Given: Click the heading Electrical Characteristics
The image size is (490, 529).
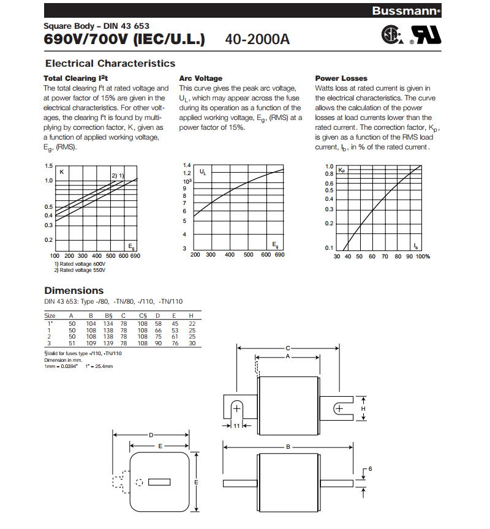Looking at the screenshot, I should pyautogui.click(x=110, y=64).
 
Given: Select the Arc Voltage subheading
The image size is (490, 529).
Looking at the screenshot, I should pyautogui.click(x=201, y=78).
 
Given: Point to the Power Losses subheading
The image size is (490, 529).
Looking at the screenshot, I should pyautogui.click(x=341, y=78).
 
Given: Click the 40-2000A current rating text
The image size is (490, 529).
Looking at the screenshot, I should pyautogui.click(x=257, y=39).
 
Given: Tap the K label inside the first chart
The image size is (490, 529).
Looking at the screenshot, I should pyautogui.click(x=61, y=172).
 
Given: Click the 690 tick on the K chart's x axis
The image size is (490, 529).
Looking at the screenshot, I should pyautogui.click(x=135, y=255).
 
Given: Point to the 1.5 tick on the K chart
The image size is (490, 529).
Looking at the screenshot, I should pyautogui.click(x=48, y=167).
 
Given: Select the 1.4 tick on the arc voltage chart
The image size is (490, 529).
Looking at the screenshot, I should pyautogui.click(x=187, y=166).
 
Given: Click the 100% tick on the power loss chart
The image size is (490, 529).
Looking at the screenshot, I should pyautogui.click(x=423, y=257).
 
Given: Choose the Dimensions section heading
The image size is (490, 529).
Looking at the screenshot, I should pyautogui.click(x=74, y=291).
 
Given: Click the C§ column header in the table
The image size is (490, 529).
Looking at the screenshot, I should pyautogui.click(x=143, y=315).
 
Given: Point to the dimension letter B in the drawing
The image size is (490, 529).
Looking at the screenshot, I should pyautogui.click(x=288, y=447).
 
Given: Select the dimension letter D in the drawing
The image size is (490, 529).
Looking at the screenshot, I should pyautogui.click(x=151, y=435).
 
